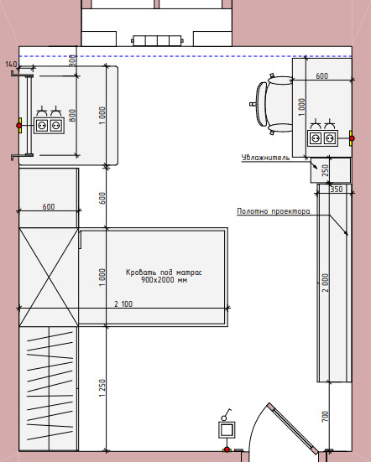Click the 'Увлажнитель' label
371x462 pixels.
(x=265, y=158)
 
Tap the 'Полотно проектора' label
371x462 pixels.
(x=274, y=211)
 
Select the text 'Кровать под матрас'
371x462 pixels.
(x=164, y=272)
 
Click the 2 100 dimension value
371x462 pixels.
(x=123, y=304)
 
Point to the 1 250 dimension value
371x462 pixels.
(x=102, y=388)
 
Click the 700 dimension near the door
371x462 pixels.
(x=324, y=417)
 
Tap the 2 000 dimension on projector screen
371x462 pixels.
(x=325, y=283)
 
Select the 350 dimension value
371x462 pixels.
(x=337, y=189)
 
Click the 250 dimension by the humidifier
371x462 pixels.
(x=325, y=170)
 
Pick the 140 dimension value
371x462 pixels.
(x=11, y=64)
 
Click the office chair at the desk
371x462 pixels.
(x=271, y=104)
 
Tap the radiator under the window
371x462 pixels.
(x=157, y=40)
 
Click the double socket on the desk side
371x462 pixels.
(x=322, y=138)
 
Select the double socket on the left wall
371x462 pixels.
(x=49, y=126)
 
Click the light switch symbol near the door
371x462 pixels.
(x=227, y=430)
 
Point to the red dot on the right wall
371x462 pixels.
(x=352, y=138)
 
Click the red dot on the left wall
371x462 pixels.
(x=19, y=126)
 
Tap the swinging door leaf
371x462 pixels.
(x=292, y=428)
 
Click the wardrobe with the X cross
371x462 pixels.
(x=49, y=277)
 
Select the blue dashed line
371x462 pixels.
(x=185, y=56)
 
